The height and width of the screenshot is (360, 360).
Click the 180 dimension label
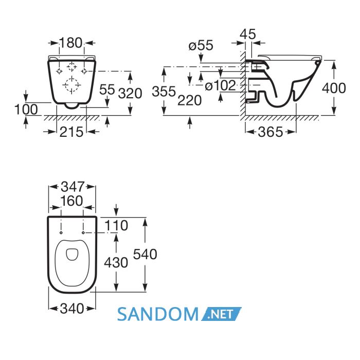coord(70,43)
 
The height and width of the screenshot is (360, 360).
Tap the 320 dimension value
coord(130,94)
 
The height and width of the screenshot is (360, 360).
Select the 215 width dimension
coord(71,132)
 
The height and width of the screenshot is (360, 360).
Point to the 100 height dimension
coord(26,110)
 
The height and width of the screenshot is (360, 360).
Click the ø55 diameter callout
coord(201,45)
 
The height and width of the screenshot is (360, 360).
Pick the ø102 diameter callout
coord(220,86)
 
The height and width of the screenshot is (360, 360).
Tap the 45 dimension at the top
coord(248,34)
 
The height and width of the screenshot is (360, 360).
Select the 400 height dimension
coord(334,88)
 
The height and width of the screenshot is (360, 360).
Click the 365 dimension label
coord(271,132)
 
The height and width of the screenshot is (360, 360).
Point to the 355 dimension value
coord(164,92)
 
